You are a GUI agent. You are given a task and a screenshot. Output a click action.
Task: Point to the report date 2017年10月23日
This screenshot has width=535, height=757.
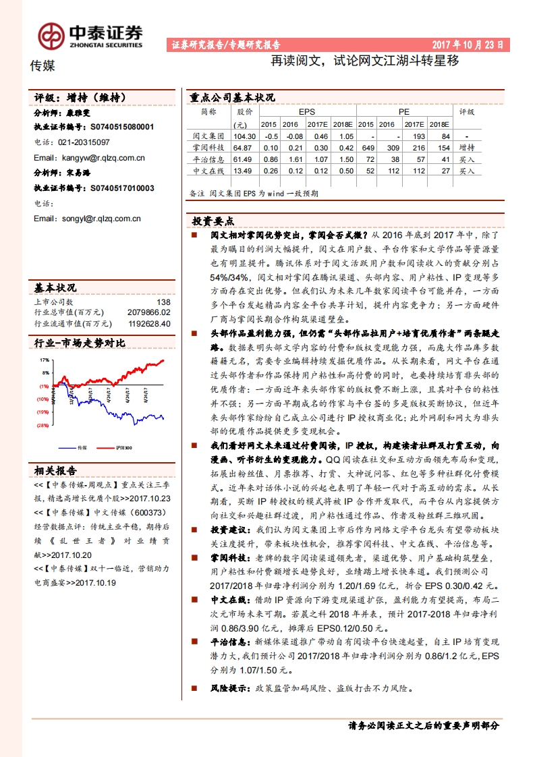point(467,45)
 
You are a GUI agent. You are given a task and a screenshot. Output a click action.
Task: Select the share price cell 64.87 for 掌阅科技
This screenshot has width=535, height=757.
point(241,148)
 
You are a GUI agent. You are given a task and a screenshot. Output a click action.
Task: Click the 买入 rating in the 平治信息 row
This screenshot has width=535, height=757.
point(466,160)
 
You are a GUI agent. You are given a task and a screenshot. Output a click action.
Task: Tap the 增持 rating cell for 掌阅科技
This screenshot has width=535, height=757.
point(466,148)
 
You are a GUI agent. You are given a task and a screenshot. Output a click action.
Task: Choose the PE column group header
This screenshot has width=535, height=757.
point(403,112)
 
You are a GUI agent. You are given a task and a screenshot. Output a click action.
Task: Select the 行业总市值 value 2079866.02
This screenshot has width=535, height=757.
point(149,312)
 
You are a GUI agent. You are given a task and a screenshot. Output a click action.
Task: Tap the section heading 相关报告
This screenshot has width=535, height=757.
point(55,470)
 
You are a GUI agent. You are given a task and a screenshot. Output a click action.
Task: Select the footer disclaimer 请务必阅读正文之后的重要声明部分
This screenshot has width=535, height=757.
point(424,726)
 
